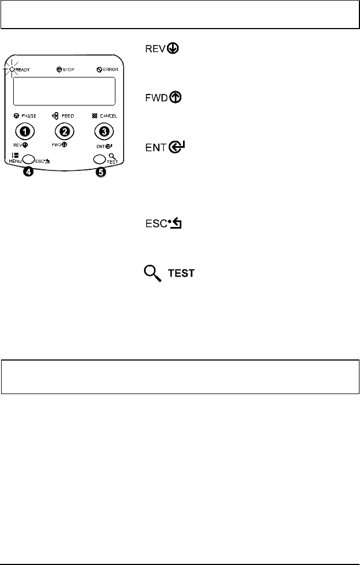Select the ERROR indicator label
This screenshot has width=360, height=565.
pos(107,70)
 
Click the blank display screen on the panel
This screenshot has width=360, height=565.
pos(63,91)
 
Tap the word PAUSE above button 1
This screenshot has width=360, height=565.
pos(29,117)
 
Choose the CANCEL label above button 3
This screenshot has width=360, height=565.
pos(106,117)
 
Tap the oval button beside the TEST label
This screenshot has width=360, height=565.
pos(99,159)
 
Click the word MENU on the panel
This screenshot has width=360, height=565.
pos(15,162)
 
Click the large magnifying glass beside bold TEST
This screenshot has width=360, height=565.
pos(152,273)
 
